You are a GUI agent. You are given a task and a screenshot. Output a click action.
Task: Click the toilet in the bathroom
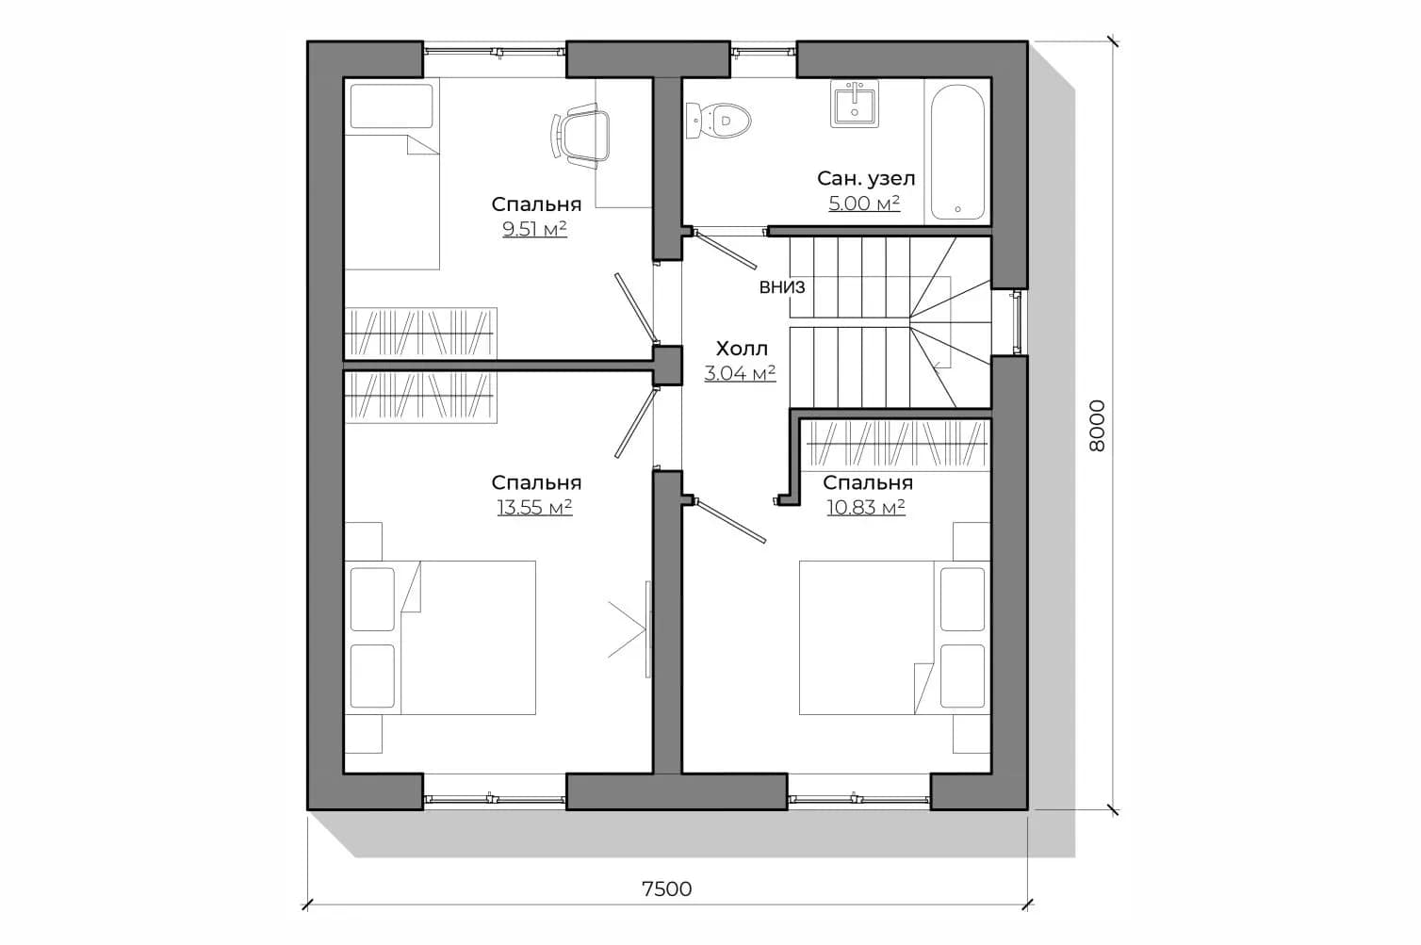718,120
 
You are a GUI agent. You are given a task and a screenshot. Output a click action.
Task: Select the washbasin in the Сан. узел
855,104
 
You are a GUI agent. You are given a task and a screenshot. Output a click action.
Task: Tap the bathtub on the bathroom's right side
957,153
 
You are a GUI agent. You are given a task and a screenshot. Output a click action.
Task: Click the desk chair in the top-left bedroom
581,135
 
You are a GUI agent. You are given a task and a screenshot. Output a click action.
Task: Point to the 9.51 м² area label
534,229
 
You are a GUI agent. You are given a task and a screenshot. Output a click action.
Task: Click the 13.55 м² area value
535,508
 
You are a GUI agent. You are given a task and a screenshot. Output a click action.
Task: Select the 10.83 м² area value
866,508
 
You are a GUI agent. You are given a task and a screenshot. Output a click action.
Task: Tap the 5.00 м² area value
864,204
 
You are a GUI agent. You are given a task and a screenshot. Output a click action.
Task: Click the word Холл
742,349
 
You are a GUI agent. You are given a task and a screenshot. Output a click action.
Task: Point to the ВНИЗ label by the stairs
782,287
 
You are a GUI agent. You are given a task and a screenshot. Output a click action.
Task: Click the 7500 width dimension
667,889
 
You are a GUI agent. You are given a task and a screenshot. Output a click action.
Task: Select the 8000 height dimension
1097,426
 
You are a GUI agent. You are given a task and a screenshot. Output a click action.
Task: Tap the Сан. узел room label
866,179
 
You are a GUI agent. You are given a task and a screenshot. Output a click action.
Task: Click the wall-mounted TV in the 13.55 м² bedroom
647,629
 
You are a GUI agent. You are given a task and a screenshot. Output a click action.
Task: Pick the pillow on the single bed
391,106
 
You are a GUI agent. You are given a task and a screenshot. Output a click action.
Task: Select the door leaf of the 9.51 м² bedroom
634,307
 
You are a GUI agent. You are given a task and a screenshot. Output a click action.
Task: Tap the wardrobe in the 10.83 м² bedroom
896,445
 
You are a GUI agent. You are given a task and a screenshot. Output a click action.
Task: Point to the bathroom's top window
763,51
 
